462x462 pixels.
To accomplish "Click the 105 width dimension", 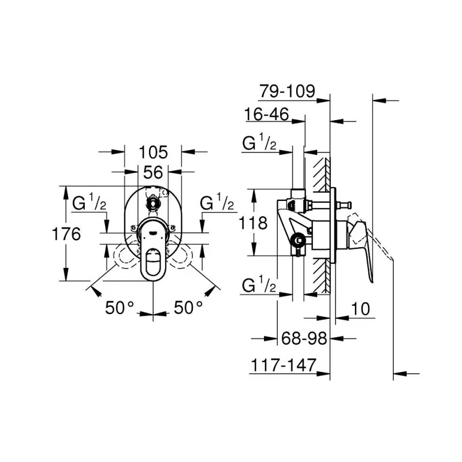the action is point(153,152).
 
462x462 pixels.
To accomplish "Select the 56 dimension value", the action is point(153,172).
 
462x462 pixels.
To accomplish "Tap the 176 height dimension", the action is point(66,234).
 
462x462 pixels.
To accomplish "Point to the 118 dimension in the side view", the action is point(253,223).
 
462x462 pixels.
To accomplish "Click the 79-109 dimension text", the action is point(287,91).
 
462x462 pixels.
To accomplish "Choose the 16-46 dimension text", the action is point(267,114).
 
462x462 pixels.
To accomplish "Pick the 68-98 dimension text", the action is point(304,338).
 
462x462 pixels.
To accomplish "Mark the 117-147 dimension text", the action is point(284,365).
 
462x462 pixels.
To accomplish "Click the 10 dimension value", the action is point(360,309).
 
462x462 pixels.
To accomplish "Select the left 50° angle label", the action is point(120,308).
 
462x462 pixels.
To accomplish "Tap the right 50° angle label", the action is point(188,308).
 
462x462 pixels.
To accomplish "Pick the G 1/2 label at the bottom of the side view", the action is point(259,285).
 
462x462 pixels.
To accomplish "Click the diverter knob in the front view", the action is point(153,203).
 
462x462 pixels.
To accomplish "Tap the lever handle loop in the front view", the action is point(153,262).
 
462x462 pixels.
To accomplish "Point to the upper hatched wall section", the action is point(322,174).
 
